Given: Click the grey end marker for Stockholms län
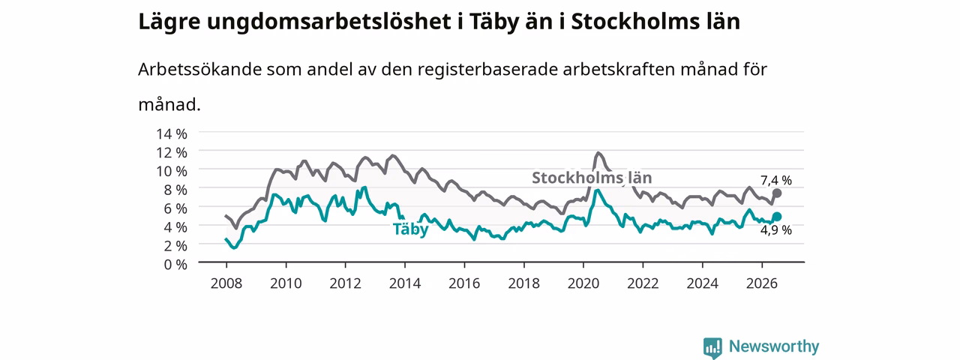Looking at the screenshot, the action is click(x=776, y=193).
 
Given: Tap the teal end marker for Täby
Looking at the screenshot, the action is click(x=776, y=217).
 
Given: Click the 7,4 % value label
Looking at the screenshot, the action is click(x=776, y=181).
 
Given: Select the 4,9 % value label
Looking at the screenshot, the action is click(x=776, y=230).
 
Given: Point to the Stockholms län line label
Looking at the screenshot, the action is click(x=592, y=178).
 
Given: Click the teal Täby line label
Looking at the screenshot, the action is click(x=410, y=229).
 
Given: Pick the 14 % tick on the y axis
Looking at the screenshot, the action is click(x=172, y=133).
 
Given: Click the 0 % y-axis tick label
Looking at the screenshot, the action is click(x=175, y=265).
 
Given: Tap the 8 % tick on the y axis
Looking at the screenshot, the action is click(x=175, y=190).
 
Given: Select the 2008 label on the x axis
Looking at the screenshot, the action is click(x=226, y=283).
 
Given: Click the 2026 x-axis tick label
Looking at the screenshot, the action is click(x=761, y=283).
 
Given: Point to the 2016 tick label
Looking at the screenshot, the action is click(x=464, y=283).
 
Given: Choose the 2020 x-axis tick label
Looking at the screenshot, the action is click(x=583, y=283).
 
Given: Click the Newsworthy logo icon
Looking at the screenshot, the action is click(x=712, y=347).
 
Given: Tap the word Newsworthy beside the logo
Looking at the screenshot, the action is click(x=774, y=346).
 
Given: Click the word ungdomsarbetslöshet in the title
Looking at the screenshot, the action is click(x=329, y=22).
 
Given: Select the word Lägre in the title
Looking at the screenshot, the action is click(x=169, y=22).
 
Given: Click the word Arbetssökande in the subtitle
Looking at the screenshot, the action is click(x=199, y=69).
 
